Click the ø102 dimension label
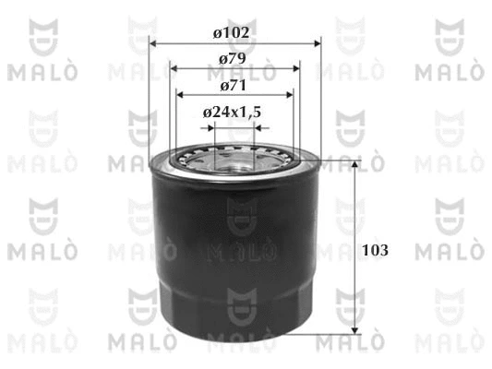pyautogui.click(x=232, y=32)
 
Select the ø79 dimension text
pyautogui.click(x=233, y=59)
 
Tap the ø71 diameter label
pyautogui.click(x=234, y=86)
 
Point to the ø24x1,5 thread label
pyautogui.click(x=233, y=113)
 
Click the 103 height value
pyautogui.click(x=375, y=250)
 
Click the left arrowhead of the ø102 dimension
pyautogui.click(x=153, y=43)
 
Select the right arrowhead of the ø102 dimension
pyautogui.click(x=318, y=43)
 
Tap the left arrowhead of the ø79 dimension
pyautogui.click(x=174, y=68)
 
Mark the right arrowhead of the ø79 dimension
pyautogui.click(x=296, y=68)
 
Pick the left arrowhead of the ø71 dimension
pyautogui.click(x=180, y=95)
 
